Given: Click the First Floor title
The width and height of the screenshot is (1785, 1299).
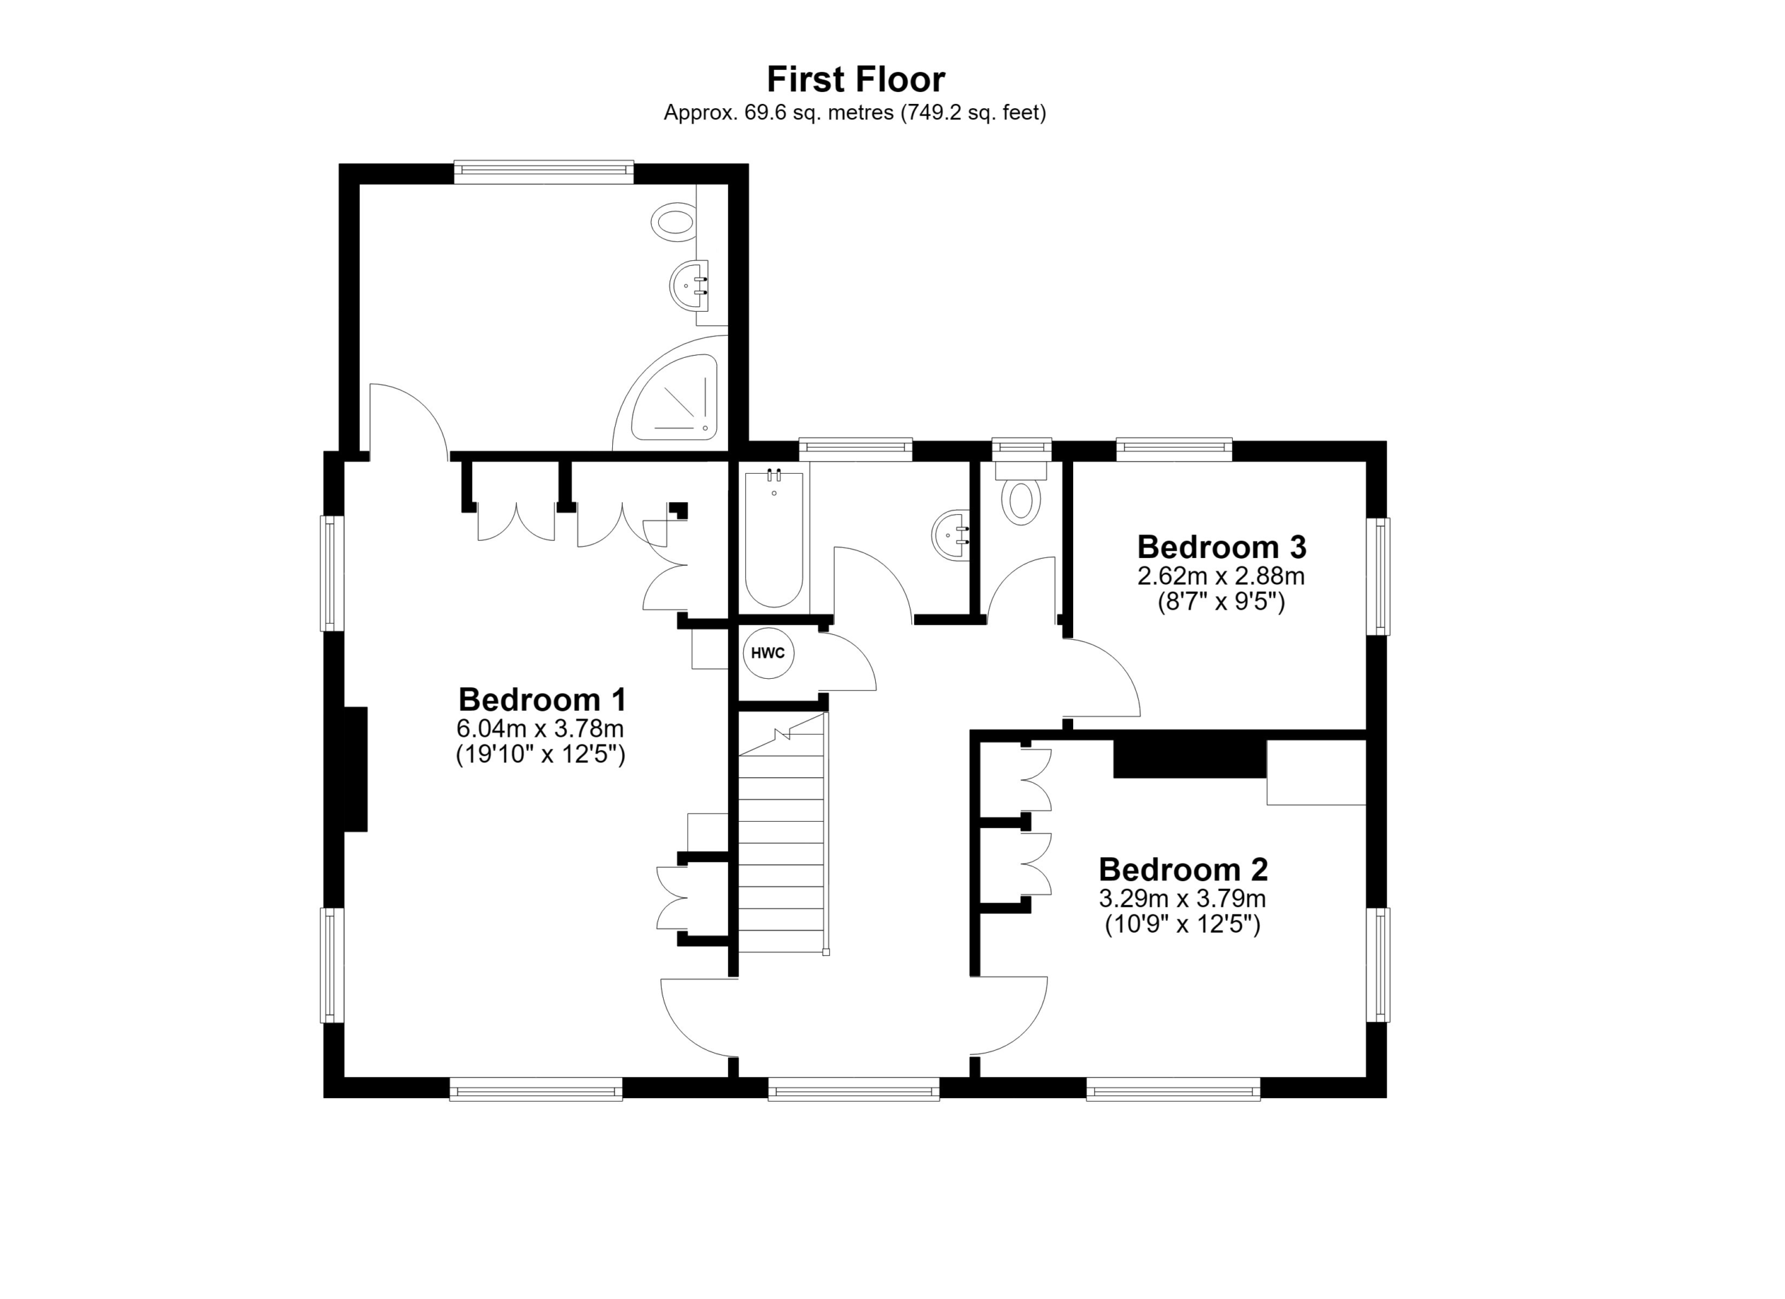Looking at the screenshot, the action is click(x=856, y=80).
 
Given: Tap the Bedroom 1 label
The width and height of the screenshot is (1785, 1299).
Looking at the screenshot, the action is click(x=542, y=699).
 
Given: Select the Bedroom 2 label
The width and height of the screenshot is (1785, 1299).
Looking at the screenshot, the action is click(x=1183, y=869).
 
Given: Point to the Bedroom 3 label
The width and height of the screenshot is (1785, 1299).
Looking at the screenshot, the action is click(x=1222, y=546).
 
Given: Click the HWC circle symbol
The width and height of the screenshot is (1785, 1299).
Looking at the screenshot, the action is click(x=768, y=653).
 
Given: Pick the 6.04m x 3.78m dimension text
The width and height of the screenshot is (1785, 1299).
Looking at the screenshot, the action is click(x=540, y=728).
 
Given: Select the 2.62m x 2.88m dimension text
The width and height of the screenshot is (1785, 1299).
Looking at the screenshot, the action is click(x=1221, y=576).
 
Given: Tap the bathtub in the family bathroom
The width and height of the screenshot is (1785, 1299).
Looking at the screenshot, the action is click(x=774, y=539).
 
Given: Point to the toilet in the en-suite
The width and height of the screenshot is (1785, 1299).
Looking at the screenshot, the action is click(x=674, y=221).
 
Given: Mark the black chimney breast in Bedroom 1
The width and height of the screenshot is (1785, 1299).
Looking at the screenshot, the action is click(x=355, y=769).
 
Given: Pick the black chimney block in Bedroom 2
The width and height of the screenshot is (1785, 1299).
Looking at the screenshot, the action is click(x=1190, y=759).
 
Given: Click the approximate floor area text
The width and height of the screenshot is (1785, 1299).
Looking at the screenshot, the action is click(x=855, y=112).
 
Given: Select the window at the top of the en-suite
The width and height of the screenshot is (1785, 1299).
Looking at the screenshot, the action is click(x=544, y=172).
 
